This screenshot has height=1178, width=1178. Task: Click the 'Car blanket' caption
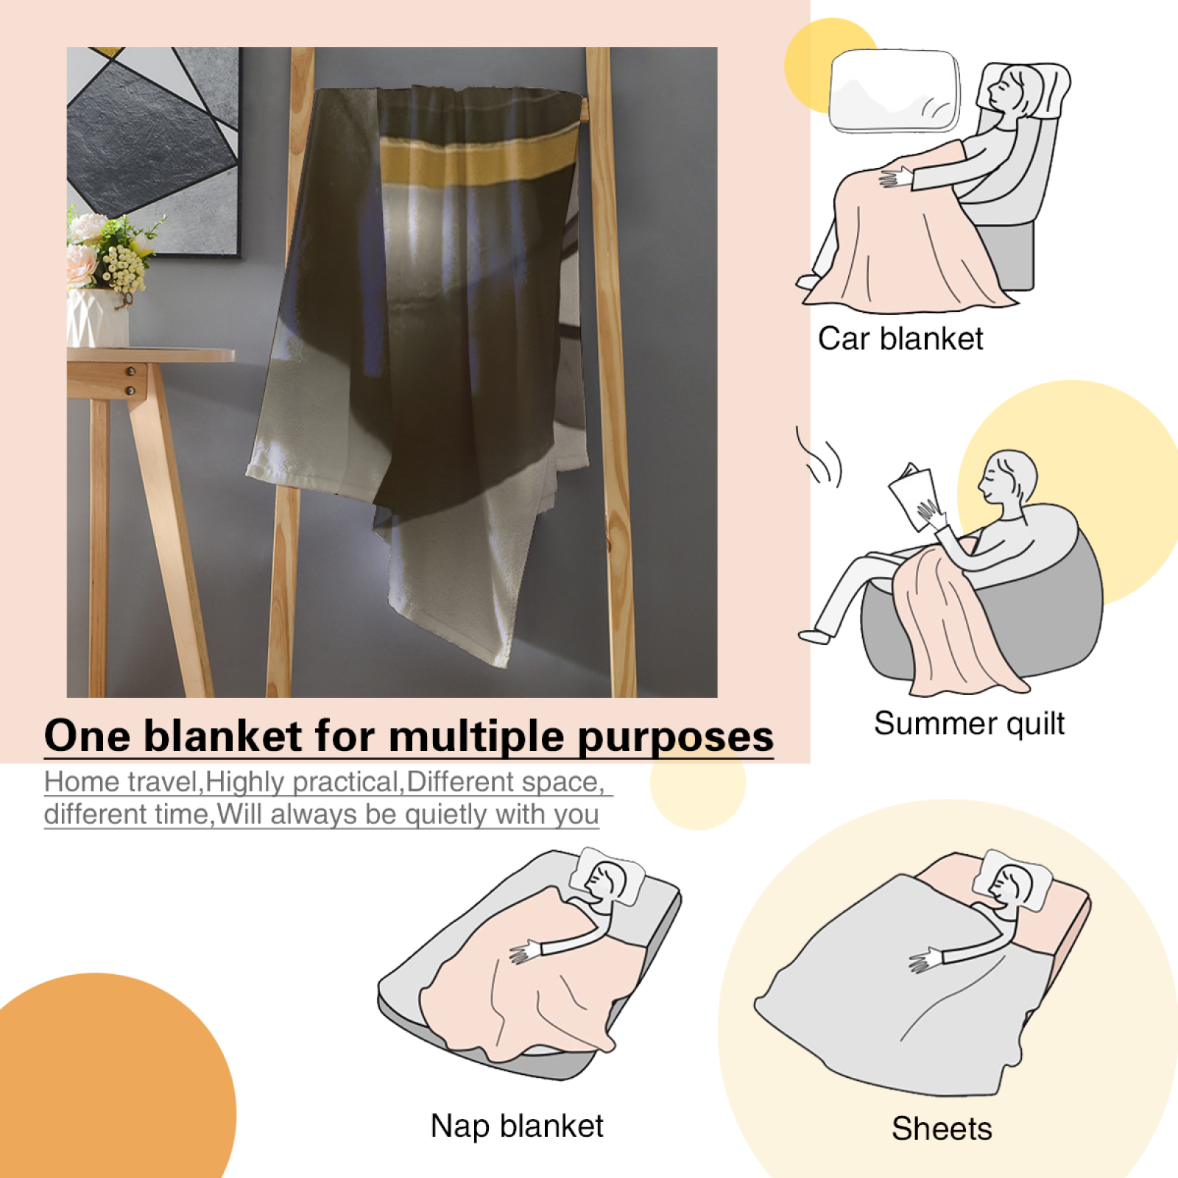[900, 339]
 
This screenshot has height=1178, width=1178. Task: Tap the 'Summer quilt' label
[969, 724]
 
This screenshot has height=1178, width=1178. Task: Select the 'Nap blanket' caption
[517, 1126]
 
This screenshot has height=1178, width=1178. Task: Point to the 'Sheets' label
[942, 1129]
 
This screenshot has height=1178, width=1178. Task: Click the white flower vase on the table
[97, 317]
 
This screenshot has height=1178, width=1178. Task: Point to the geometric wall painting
[153, 152]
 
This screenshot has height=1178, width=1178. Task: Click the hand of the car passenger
[895, 177]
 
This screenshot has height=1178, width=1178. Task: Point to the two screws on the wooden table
[130, 381]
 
